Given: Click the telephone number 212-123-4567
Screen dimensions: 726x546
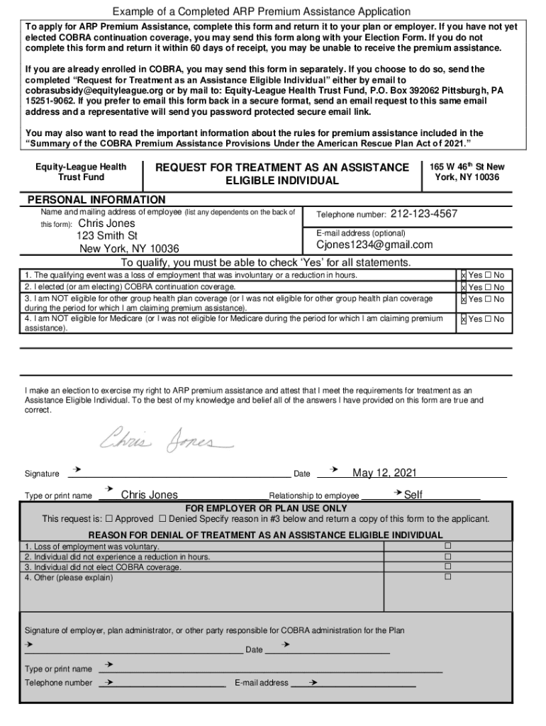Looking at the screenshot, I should click(x=423, y=214).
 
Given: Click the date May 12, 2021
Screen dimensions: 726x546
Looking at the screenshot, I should click(x=384, y=473).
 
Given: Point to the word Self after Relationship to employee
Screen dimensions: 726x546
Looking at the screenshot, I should click(x=413, y=495).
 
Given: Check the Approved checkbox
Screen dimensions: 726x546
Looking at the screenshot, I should click(x=108, y=519).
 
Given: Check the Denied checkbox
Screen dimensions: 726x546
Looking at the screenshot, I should click(x=163, y=519).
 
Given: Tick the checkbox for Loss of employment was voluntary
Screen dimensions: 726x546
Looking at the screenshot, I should click(x=447, y=547).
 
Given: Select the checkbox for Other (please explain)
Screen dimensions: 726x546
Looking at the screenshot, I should click(x=447, y=577).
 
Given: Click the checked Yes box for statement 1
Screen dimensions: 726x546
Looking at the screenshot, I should click(x=464, y=275).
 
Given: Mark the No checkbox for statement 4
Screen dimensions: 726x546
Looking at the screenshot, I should click(x=489, y=319).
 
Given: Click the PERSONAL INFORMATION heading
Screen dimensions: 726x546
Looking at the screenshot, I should click(x=96, y=200).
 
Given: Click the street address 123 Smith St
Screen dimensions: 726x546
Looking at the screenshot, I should click(x=107, y=235).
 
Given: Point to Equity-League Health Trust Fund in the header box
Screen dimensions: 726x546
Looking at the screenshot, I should click(x=81, y=172).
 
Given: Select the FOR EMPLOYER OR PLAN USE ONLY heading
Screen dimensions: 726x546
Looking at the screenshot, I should click(x=266, y=508).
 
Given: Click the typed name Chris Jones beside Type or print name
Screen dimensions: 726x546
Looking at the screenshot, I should click(x=149, y=495).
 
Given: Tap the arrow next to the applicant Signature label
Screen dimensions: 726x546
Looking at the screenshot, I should click(x=76, y=470).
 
